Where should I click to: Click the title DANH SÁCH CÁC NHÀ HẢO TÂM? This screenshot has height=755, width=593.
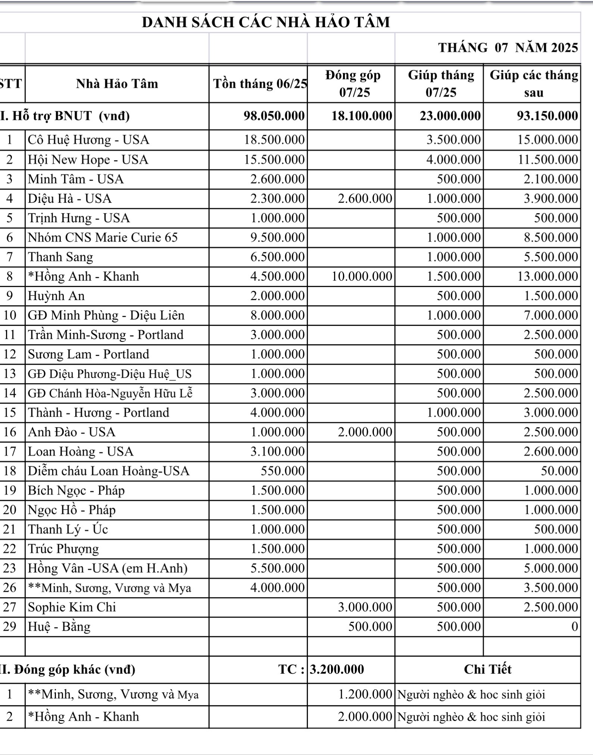click(266, 22)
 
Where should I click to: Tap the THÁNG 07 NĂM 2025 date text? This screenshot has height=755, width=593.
click(508, 48)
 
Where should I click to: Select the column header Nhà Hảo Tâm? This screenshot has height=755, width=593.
click(117, 84)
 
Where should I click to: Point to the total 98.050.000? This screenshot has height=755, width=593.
click(274, 116)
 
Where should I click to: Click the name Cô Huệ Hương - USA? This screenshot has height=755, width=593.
click(88, 140)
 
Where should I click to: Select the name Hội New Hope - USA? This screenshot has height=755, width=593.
click(88, 160)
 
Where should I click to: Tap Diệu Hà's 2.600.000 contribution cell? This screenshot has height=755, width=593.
click(365, 199)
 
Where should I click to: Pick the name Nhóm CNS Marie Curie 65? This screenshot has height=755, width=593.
click(103, 237)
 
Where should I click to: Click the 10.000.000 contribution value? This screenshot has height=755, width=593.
click(362, 276)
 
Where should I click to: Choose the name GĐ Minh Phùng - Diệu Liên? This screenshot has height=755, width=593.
click(106, 315)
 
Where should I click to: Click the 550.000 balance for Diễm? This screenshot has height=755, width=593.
click(283, 471)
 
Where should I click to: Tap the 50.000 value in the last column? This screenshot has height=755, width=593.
click(559, 471)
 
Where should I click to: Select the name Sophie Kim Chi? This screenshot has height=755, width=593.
click(72, 607)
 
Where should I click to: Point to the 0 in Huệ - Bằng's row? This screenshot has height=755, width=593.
click(574, 627)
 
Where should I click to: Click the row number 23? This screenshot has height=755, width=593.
click(10, 568)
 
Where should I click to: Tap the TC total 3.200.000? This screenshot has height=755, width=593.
click(337, 670)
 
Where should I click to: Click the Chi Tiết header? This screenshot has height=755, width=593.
click(487, 670)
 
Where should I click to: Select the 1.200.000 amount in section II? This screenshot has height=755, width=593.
click(365, 695)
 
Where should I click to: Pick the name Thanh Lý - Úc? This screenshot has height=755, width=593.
click(68, 529)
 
